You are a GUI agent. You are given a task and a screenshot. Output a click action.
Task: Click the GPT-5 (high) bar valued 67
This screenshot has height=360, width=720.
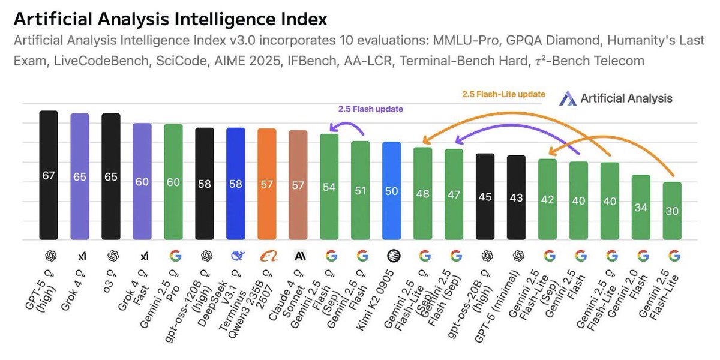(49, 175)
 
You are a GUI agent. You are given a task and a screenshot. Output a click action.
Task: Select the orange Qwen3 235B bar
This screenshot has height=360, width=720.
(267, 184)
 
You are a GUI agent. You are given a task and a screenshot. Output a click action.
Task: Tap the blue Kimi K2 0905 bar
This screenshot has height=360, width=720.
(392, 191)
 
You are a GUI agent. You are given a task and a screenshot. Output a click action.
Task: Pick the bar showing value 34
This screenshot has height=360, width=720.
(641, 208)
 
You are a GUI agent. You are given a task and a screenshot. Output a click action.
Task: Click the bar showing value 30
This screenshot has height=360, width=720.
(672, 211)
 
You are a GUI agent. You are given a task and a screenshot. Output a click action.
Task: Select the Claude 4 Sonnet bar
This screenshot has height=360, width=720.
(298, 185)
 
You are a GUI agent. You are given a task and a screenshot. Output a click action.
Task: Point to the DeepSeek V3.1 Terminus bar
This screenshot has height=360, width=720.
(236, 184)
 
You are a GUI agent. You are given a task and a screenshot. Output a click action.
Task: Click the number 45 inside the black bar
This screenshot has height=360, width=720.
(485, 197)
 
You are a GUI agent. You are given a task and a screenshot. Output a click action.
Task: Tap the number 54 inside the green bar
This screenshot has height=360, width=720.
(329, 187)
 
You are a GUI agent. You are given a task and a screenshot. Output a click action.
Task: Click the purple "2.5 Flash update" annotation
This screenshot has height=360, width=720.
(370, 109)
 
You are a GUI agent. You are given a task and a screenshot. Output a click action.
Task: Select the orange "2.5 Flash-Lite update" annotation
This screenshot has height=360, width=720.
(503, 94)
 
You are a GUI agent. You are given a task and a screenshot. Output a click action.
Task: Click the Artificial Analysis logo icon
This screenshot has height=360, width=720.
(568, 98)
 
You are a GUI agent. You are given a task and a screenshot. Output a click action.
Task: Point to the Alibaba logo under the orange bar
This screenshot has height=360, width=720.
(267, 256)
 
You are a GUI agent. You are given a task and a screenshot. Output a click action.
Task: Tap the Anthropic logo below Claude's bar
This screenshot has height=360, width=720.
(298, 256)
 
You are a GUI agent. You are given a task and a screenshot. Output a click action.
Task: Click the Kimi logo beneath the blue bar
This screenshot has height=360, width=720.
(392, 256)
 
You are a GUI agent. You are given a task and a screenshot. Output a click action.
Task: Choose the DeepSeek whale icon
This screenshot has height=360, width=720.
(236, 256)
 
